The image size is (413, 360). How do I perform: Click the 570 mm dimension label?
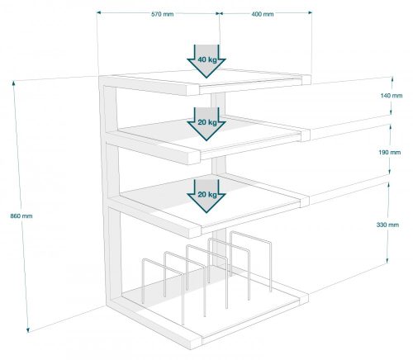(x=163, y=14)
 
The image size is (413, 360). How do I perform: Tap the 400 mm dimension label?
(x=263, y=14)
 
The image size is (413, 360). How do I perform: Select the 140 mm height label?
(x=392, y=96)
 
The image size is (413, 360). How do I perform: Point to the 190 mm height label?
(x=390, y=152)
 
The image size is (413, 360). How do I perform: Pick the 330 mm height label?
(x=387, y=225)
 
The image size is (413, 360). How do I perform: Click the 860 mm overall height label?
(x=21, y=216)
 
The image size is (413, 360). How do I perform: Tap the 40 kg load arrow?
(x=206, y=61)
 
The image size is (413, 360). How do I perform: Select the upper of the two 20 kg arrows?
(x=206, y=124)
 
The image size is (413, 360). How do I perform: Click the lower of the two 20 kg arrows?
(x=206, y=196)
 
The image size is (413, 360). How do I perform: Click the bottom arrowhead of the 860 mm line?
(x=27, y=330)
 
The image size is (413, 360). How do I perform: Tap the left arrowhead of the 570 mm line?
(x=98, y=12)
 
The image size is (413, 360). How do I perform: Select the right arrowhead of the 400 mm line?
(x=310, y=12)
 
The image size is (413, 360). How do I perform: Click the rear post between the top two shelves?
(x=218, y=105)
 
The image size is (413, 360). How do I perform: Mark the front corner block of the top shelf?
(x=192, y=89)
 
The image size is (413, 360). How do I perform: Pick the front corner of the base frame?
(x=196, y=342)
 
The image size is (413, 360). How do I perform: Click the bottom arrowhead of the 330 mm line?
(x=387, y=261)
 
